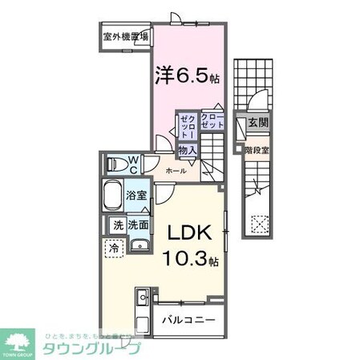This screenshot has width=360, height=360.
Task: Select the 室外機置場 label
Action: [x=126, y=38]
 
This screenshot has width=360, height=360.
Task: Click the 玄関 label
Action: [x=257, y=123]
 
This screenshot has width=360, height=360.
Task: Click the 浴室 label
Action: [x=135, y=196]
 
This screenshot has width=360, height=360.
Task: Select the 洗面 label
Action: [x=138, y=225]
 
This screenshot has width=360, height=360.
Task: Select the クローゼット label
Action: [x=212, y=121]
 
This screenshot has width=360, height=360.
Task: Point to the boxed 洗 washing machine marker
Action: [x=118, y=225]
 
